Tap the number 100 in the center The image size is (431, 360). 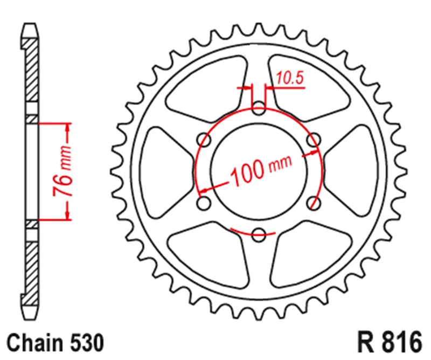click(x=247, y=172)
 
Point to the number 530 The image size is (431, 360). click(x=87, y=343)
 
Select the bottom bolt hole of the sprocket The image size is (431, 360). click(x=259, y=235)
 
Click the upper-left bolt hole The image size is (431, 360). click(x=204, y=140)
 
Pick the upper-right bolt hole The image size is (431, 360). click(x=314, y=140)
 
